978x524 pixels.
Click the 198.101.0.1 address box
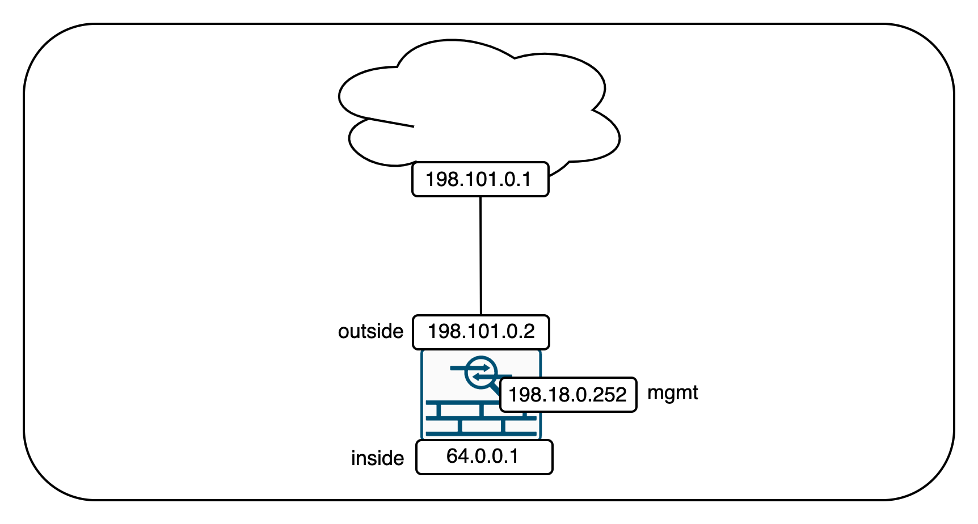tap(480, 179)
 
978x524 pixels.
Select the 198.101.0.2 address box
tap(480, 332)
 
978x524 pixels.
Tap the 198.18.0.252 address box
tap(568, 395)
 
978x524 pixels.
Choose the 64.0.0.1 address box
tap(484, 457)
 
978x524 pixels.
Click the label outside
tap(370, 331)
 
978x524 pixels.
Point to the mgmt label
tap(672, 392)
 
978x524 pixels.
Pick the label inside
tap(377, 458)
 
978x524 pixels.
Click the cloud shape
tap(482, 102)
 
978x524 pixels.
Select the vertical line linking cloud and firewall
tap(481, 255)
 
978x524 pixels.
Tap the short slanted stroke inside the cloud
tap(391, 122)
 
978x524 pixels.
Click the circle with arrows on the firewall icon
tap(480, 373)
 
